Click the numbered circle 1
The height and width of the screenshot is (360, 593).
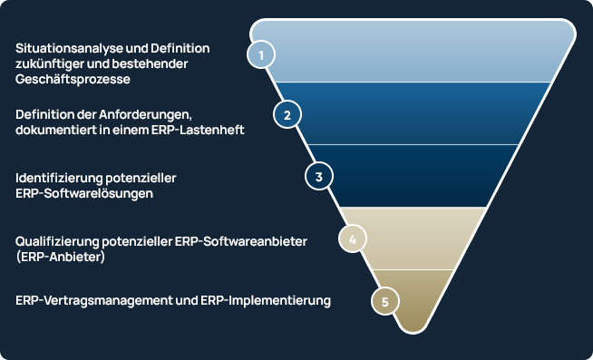click(x=261, y=54)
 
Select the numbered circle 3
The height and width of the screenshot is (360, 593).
click(x=318, y=176)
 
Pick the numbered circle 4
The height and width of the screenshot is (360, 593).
click(x=352, y=239)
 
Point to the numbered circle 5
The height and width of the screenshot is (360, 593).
click(x=385, y=301)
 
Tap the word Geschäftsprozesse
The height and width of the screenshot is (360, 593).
click(x=73, y=79)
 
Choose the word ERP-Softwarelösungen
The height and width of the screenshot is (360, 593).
click(x=84, y=193)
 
